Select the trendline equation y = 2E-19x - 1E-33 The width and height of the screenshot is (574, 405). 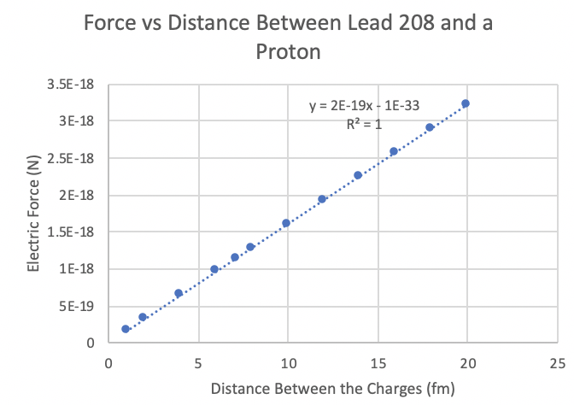click(364, 106)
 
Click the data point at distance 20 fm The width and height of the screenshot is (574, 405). click(466, 103)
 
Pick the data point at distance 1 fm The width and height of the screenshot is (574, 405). click(126, 329)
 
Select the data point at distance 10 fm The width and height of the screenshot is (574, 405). click(286, 223)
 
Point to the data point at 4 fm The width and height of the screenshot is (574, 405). click(179, 293)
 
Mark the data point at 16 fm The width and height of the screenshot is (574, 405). click(394, 151)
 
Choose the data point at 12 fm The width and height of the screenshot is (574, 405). click(322, 199)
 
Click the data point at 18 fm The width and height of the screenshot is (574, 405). click(430, 127)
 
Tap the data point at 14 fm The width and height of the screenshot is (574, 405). click(358, 175)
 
